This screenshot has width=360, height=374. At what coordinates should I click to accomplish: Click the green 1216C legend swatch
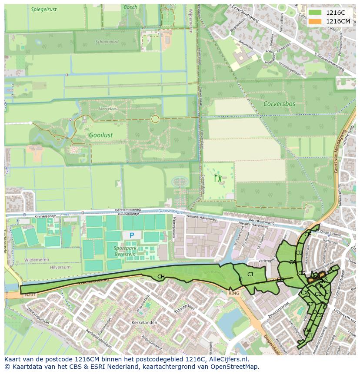pyautogui.click(x=315, y=13)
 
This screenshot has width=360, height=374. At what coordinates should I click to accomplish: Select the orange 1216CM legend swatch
pyautogui.click(x=315, y=21)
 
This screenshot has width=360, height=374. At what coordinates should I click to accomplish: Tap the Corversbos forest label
pyautogui.click(x=279, y=104)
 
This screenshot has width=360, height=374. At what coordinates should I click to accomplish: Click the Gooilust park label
pyautogui.click(x=100, y=135)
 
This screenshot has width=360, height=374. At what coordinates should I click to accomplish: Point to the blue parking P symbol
pyautogui.click(x=132, y=235)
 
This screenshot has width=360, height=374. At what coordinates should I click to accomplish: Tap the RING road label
pyautogui.click(x=233, y=294)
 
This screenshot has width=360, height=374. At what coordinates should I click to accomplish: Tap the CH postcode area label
pyautogui.click(x=161, y=277)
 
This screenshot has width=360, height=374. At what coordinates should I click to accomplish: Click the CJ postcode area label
pyautogui.click(x=250, y=274)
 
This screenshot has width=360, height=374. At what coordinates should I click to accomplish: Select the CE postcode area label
pyautogui.click(x=307, y=234)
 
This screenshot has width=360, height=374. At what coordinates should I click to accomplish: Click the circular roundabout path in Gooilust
pyautogui.click(x=155, y=118)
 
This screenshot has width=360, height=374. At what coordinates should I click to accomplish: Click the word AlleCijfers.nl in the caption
pyautogui.click(x=227, y=359)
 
